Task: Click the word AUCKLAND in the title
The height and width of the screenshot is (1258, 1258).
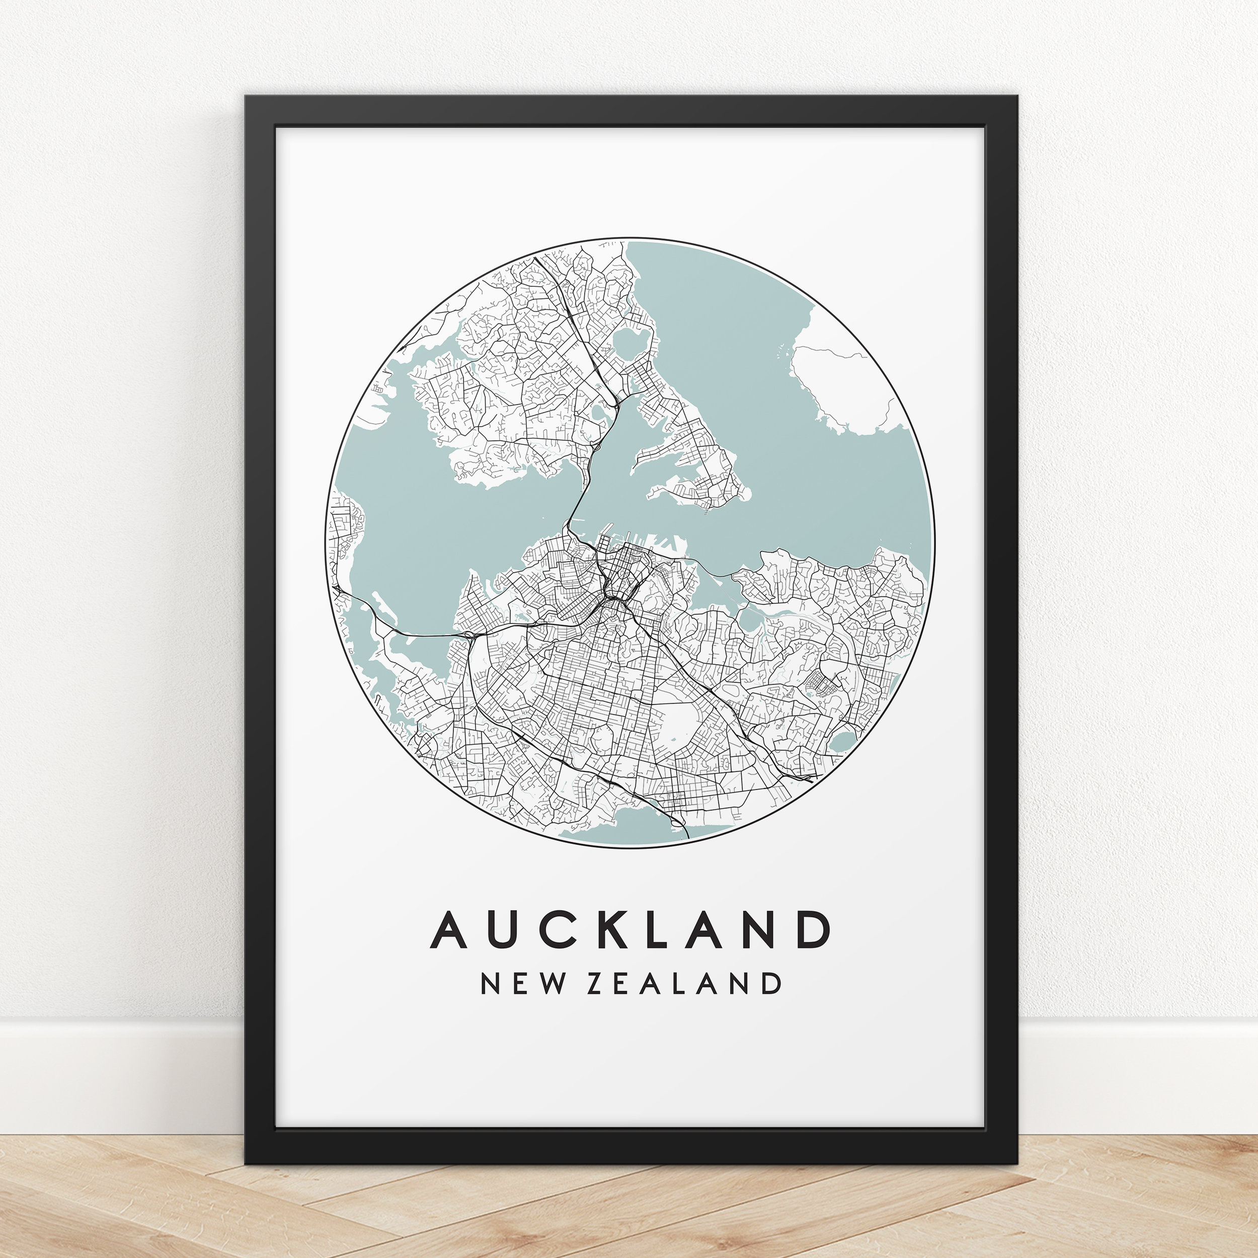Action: point(631,929)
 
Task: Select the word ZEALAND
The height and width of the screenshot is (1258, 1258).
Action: point(684,984)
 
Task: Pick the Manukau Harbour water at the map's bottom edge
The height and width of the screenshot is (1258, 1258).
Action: point(625,827)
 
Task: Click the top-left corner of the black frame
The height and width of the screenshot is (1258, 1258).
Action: point(246,97)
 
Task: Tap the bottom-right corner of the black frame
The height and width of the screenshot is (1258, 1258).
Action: point(1017,1163)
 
